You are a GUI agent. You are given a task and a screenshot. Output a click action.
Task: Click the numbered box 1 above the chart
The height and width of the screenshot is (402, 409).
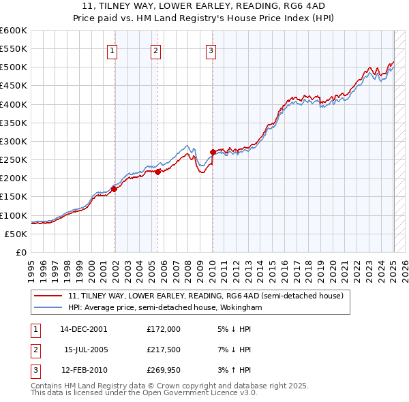pyautogui.click(x=112, y=50)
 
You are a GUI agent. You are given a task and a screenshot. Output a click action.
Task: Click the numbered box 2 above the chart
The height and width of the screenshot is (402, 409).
pyautogui.click(x=155, y=50)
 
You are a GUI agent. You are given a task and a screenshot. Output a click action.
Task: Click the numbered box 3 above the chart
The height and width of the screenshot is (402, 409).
pyautogui.click(x=211, y=50)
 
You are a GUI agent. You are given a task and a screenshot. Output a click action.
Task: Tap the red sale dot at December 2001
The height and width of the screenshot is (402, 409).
pyautogui.click(x=115, y=189)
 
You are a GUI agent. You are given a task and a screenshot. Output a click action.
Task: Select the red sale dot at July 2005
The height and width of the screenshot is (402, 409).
pyautogui.click(x=157, y=172)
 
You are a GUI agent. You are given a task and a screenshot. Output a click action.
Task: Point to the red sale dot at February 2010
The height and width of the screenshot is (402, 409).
pyautogui.click(x=213, y=153)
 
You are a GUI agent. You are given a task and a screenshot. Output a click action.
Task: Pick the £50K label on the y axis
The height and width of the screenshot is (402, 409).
pyautogui.click(x=16, y=234)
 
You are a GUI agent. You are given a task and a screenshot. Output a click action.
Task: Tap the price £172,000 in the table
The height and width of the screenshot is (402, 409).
pyautogui.click(x=164, y=328)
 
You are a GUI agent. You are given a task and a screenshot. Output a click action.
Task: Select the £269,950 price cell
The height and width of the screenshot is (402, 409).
pyautogui.click(x=164, y=371)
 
